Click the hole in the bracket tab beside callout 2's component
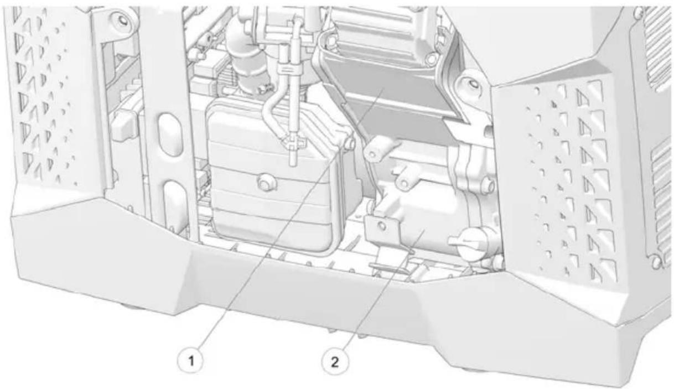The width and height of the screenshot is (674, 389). tap(381, 225)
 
